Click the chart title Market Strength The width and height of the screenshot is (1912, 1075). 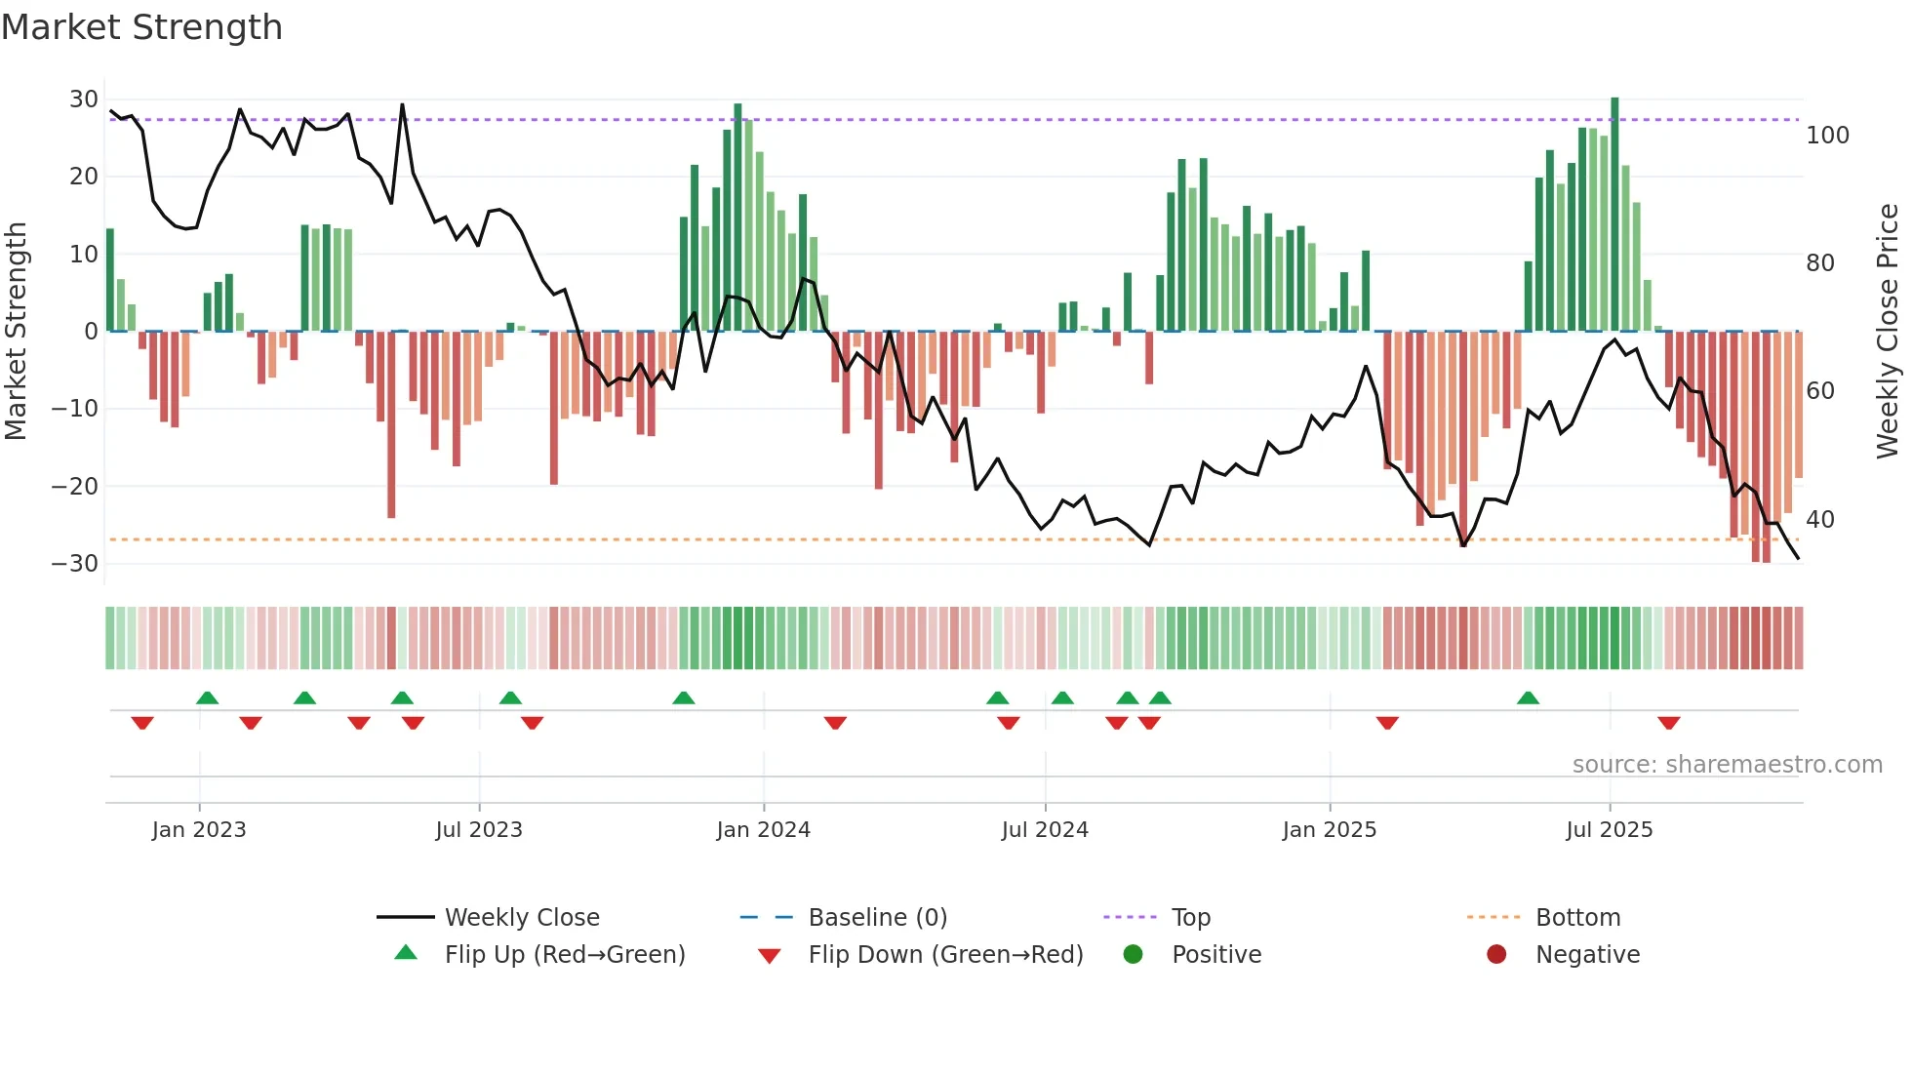[x=141, y=27]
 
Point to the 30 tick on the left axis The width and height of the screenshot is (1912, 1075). [x=84, y=100]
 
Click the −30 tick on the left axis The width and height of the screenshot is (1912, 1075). [x=75, y=564]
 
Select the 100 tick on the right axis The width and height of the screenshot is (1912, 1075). [x=1827, y=136]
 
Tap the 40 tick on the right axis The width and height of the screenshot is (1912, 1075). [x=1819, y=520]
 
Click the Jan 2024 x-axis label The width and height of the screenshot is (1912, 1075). [x=763, y=830]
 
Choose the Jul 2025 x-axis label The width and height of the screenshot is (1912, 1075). [x=1609, y=830]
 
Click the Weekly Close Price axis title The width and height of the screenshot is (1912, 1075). [x=1888, y=332]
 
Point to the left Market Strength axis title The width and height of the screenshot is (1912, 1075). [x=17, y=332]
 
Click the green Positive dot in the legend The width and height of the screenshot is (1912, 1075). [x=1133, y=954]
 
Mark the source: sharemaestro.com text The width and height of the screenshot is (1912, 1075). [x=1727, y=765]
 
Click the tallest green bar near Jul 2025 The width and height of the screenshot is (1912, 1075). [x=1614, y=215]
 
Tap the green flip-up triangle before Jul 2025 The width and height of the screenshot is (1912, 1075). [x=1528, y=698]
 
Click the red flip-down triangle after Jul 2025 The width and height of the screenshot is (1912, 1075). [x=1668, y=723]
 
